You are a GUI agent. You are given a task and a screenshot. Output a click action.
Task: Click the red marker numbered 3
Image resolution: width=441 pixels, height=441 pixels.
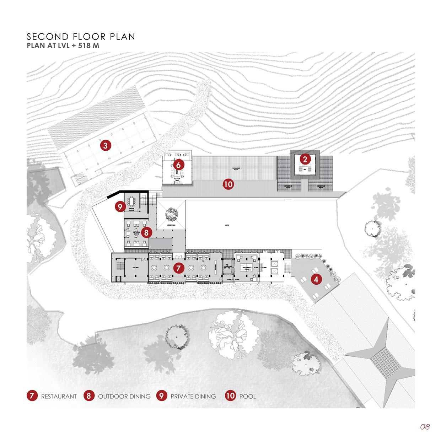tap(106, 145)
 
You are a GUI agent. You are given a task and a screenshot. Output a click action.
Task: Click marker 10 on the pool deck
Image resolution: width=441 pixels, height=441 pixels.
tap(228, 184)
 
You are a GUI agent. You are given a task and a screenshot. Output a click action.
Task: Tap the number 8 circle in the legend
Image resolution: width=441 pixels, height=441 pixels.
tap(89, 396)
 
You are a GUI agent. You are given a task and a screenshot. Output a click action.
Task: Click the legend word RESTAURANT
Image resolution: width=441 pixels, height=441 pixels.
tap(59, 396)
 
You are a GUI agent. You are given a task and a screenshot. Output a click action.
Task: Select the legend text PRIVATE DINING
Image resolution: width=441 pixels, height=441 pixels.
tap(193, 396)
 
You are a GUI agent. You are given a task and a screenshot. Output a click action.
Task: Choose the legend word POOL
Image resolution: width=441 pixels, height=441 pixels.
tap(248, 396)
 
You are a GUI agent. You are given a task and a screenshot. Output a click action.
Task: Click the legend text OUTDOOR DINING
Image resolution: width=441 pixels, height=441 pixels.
tap(124, 396)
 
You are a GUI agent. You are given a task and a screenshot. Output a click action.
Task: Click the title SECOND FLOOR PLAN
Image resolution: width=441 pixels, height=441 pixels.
tap(81, 37)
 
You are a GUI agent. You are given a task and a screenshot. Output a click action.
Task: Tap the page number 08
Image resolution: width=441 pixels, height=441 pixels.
tap(425, 427)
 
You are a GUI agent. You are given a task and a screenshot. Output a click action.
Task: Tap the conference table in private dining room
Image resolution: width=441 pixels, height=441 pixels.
tap(134, 201)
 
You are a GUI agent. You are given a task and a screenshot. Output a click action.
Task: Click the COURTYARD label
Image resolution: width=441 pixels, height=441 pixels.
tap(171, 226)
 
